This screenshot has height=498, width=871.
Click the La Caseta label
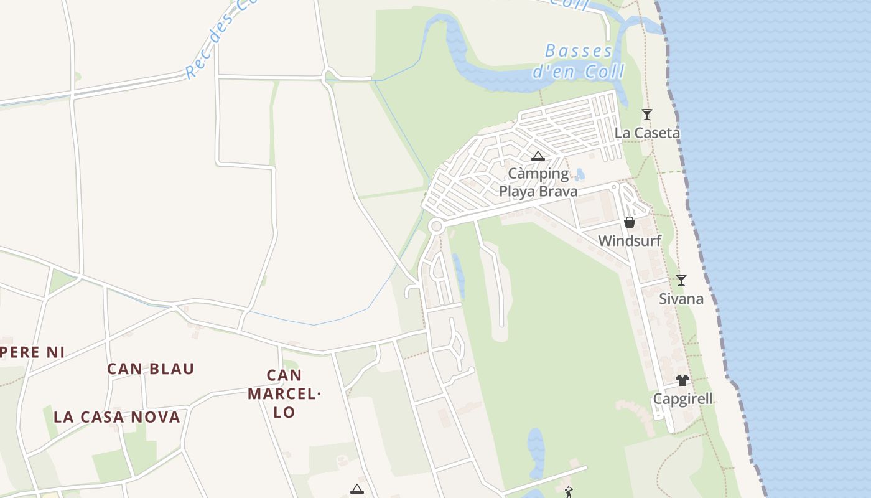[x=647, y=133]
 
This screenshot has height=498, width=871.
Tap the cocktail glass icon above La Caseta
[x=647, y=115]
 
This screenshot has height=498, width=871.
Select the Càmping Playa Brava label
[x=538, y=182]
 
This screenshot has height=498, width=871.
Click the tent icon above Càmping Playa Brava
[x=538, y=156]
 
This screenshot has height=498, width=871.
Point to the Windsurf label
[x=630, y=241]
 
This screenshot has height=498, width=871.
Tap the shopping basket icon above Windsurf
[x=630, y=222]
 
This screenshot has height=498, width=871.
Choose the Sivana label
[x=681, y=299]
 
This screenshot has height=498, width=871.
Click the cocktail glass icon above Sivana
[x=681, y=280]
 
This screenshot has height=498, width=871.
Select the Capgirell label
[x=682, y=399]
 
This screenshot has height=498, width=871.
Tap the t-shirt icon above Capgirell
[x=682, y=380]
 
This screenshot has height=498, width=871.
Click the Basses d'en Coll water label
[x=579, y=61]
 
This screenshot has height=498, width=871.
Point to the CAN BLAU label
[x=151, y=369]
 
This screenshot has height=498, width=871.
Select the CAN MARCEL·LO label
[x=284, y=393]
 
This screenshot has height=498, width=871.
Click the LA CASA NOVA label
[x=117, y=417]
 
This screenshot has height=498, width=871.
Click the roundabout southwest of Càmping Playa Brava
[x=436, y=227]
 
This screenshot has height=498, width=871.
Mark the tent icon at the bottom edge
[x=356, y=489]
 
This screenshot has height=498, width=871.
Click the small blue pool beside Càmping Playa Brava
[x=580, y=174]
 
